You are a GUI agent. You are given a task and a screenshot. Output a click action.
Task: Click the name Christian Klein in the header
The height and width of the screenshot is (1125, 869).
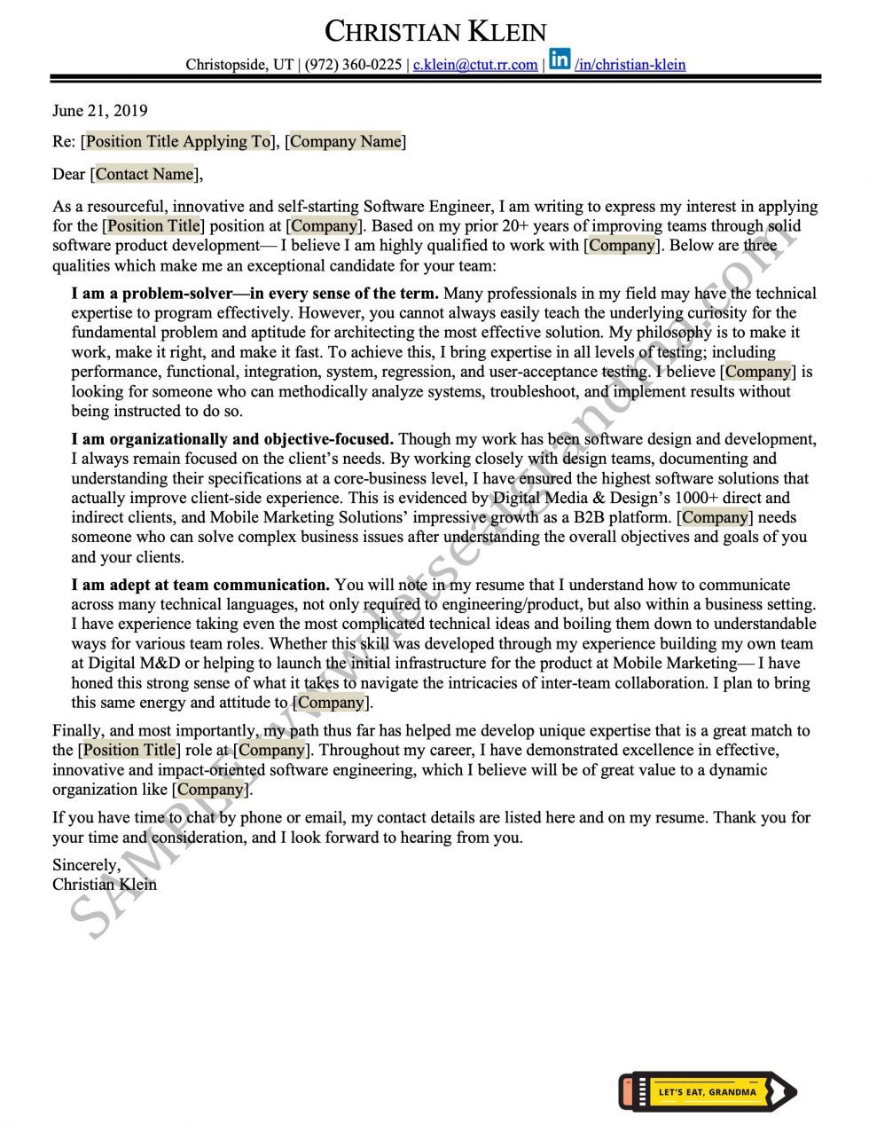click(434, 32)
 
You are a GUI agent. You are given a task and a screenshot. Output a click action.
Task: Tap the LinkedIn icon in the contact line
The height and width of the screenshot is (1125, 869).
click(560, 59)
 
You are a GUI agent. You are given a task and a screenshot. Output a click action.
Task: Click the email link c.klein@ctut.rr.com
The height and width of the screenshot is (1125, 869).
click(475, 65)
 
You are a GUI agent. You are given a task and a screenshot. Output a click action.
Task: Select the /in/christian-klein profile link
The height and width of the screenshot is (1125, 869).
click(630, 65)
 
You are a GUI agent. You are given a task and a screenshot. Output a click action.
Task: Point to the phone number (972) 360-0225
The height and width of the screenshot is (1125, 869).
click(353, 65)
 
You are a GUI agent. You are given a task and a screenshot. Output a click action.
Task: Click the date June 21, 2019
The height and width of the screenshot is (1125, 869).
click(100, 111)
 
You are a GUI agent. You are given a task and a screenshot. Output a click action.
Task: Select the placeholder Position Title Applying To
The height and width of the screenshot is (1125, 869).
click(177, 141)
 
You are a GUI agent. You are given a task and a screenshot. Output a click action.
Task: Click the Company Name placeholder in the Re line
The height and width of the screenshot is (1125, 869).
click(345, 141)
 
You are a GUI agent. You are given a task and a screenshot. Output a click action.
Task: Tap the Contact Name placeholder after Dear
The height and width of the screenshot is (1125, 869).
click(144, 174)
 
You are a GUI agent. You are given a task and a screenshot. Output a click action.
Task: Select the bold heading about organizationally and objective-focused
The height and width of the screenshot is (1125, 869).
click(232, 439)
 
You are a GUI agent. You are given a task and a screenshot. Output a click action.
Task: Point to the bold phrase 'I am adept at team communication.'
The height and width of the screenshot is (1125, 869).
click(200, 585)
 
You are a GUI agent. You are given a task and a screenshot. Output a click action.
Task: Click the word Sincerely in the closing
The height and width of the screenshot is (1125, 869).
click(86, 865)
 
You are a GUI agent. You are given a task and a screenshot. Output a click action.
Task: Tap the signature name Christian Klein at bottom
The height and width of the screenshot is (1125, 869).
click(105, 885)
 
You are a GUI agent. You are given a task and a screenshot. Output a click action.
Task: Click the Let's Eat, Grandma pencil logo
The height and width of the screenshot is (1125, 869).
click(707, 1091)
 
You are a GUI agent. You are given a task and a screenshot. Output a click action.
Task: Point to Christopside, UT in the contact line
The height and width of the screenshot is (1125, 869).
click(239, 65)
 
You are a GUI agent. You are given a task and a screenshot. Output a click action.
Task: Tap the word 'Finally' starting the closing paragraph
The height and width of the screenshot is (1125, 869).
click(77, 731)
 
